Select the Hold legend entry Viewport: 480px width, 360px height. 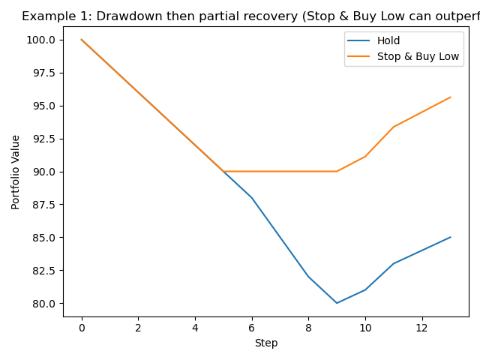pos(388,40)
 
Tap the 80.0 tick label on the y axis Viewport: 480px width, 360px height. pos(44,304)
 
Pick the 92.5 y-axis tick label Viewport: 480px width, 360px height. pos(44,139)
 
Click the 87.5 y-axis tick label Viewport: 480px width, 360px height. pos(44,205)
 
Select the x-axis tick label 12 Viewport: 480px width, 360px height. pos(421,328)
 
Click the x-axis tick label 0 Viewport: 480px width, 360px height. pos(82,328)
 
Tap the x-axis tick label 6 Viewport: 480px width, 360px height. pos(252,328)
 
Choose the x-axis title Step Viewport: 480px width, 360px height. pos(266,343)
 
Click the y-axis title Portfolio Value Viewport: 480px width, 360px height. pos(16,172)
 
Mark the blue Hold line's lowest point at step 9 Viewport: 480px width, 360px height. pos(337,303)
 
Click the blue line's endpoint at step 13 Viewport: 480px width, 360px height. pos(450,237)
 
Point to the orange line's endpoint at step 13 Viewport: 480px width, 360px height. pos(450,97)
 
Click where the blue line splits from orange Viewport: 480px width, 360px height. pos(223,171)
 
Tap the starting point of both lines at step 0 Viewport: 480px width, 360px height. pos(82,40)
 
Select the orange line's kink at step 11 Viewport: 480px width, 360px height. pos(393,127)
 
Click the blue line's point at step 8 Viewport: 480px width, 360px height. pos(308,277)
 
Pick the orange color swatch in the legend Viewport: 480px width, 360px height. pos(360,55)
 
